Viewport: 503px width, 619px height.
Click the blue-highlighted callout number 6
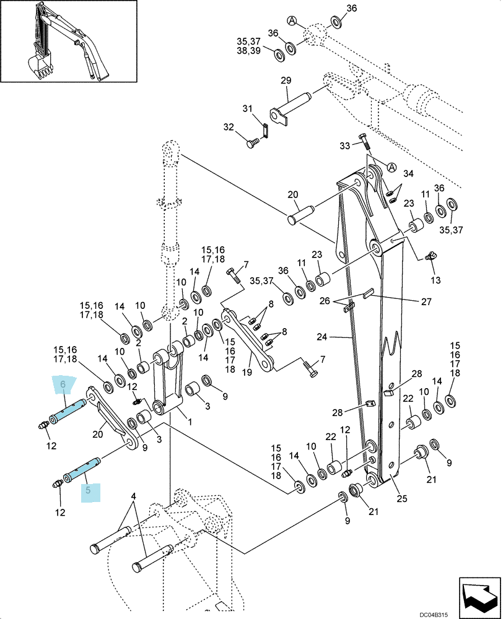(63, 384)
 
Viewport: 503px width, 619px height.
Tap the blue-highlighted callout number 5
(88, 490)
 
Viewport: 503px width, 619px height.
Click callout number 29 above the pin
(286, 80)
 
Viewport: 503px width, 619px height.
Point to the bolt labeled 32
(253, 143)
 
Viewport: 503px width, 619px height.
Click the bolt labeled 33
(365, 142)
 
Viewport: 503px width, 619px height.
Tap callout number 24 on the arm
(322, 337)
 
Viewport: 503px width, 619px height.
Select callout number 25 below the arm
(402, 498)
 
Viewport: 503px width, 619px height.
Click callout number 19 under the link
(247, 372)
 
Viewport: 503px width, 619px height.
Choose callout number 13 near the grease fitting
(435, 280)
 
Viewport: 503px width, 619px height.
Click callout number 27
(426, 301)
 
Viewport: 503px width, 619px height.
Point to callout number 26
(325, 301)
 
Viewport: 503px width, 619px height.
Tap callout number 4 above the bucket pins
(134, 495)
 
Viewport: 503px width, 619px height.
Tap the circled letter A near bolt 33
(391, 167)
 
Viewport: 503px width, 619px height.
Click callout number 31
(247, 108)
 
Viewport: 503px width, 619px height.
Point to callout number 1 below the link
(190, 422)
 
